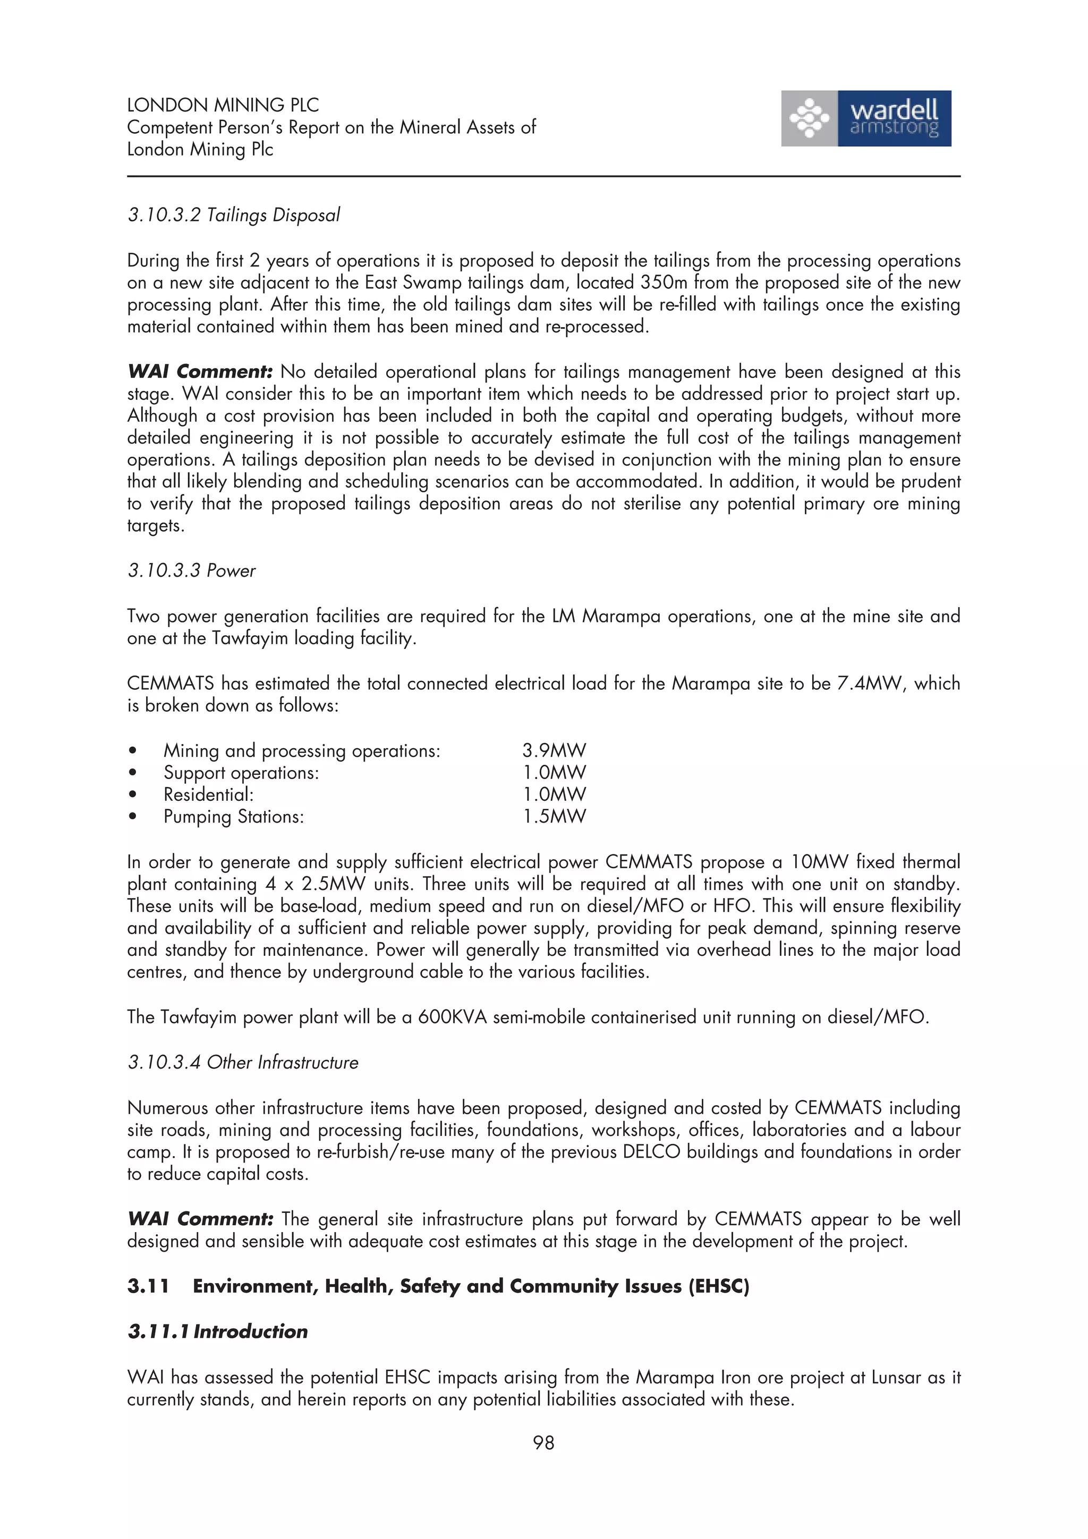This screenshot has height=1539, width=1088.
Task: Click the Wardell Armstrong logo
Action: coord(865,118)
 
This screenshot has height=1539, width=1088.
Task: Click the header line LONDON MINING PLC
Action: coord(223,105)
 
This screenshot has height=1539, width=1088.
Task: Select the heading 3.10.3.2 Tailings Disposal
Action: coord(233,215)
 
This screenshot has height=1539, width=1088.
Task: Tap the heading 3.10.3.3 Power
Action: coord(192,571)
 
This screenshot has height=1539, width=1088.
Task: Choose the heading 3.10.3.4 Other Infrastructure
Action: coord(243,1063)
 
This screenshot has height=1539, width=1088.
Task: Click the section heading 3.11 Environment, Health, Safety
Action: coord(438,1286)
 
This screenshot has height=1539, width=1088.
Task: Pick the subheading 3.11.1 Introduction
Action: coord(217,1331)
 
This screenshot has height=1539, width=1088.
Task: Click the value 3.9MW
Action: coord(554,751)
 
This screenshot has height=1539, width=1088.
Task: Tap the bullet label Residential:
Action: coord(208,795)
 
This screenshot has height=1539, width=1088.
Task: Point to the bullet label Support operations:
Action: coord(241,773)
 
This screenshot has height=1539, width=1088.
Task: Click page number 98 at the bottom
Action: coord(543,1442)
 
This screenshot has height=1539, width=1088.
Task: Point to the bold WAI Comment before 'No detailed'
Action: coord(200,372)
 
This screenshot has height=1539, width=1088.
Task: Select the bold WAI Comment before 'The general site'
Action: coord(200,1219)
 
